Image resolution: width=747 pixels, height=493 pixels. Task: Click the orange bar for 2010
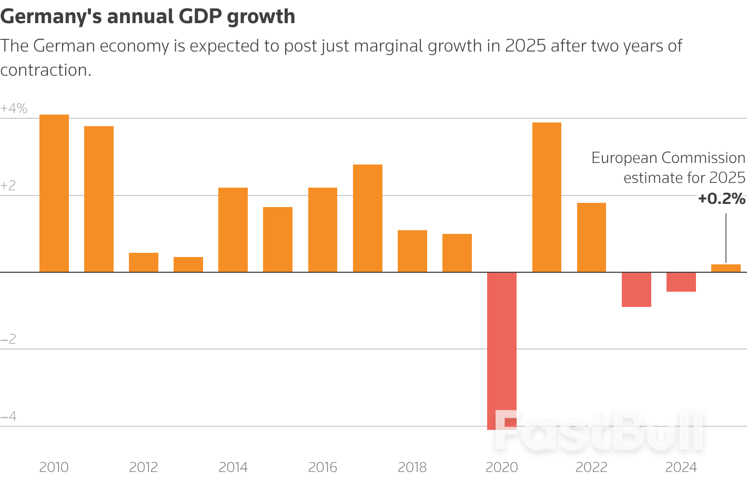coord(54,193)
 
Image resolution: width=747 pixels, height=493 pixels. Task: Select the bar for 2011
coord(99,199)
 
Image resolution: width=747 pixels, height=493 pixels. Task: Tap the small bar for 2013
coord(188,264)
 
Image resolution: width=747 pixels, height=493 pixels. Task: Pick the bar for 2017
coord(368,218)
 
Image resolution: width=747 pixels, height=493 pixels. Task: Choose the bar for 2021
coord(547,197)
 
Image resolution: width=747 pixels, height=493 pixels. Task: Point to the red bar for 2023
coord(637,290)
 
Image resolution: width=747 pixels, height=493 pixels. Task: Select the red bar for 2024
coord(681,282)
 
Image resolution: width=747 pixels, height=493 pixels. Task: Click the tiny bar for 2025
coord(726,268)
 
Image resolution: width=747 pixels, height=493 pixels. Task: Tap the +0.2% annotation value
coord(721,199)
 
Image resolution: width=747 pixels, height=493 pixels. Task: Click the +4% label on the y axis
coord(14,109)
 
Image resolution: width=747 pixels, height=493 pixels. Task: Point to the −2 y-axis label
coord(8,340)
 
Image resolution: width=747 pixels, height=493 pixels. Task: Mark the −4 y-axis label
coord(8,417)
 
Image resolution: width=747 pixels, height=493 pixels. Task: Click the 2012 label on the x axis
coord(144,467)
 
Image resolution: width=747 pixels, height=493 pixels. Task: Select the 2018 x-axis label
coord(412,467)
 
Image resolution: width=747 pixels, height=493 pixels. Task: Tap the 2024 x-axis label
coord(681,467)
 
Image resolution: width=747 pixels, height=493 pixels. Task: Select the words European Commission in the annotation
coord(668,158)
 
